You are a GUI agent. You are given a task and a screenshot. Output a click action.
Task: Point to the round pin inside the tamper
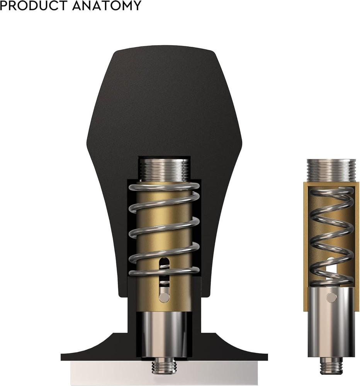(x=164, y=297)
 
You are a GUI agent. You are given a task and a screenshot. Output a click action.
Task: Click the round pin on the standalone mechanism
(x=331, y=297)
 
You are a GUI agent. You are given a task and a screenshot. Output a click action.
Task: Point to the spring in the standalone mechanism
(x=331, y=232)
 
